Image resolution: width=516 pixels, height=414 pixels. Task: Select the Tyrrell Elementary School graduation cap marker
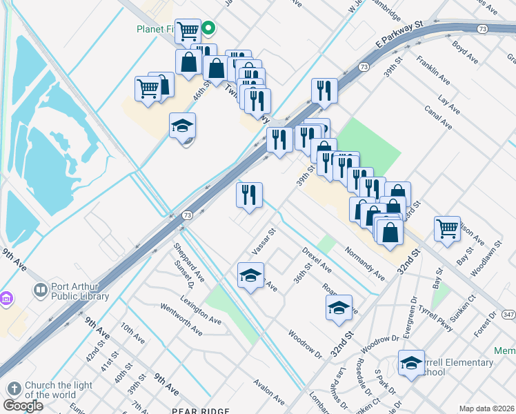[x=410, y=364]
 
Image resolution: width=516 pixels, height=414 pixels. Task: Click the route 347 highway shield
[x=509, y=315]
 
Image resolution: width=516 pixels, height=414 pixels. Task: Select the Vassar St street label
[x=264, y=241]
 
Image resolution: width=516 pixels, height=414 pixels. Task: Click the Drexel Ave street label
[x=317, y=259]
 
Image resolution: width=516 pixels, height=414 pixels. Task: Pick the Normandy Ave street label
[x=365, y=264]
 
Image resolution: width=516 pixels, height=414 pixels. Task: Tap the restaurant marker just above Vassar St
[x=250, y=195]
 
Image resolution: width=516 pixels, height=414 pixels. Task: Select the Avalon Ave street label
[x=269, y=391]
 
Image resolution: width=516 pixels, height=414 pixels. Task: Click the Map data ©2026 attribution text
[x=486, y=408]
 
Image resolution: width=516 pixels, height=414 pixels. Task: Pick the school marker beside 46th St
[x=183, y=126]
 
